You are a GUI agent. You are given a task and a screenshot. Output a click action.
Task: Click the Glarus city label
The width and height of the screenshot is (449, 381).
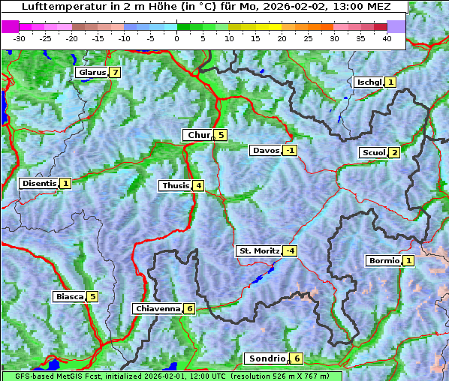[x=91, y=73]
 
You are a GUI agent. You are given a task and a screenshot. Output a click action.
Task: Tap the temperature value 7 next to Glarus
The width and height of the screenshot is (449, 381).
[x=114, y=73]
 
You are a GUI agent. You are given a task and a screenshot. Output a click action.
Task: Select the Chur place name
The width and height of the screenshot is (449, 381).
[x=198, y=135]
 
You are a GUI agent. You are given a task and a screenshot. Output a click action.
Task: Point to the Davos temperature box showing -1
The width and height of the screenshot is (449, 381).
[x=290, y=150]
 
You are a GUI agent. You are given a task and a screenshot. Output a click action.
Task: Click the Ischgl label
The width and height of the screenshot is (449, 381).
[x=369, y=82]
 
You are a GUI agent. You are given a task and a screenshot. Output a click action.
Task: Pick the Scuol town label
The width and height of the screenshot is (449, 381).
[x=373, y=152]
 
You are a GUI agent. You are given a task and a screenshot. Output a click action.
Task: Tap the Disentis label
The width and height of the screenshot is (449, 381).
[x=39, y=183]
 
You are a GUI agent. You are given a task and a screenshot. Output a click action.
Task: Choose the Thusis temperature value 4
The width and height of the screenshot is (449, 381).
[x=197, y=185]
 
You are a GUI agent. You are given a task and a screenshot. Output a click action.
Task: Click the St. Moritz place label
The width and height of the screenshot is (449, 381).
[x=258, y=250]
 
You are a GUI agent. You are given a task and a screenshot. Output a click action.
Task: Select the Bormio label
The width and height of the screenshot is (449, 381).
[x=383, y=261]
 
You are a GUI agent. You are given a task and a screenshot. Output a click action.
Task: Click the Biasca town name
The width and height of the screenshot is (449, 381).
[x=69, y=296]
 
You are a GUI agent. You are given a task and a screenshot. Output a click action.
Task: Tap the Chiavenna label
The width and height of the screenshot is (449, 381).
[x=157, y=308]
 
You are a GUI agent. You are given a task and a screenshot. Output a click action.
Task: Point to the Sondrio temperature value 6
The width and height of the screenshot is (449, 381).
[x=297, y=358]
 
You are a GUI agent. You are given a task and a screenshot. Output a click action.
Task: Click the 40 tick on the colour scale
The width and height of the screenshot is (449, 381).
[x=387, y=38]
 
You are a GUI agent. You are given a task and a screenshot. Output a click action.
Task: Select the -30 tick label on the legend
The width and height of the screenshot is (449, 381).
[x=20, y=38]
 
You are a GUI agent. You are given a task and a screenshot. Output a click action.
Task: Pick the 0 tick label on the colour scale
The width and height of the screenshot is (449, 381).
[x=176, y=38]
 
